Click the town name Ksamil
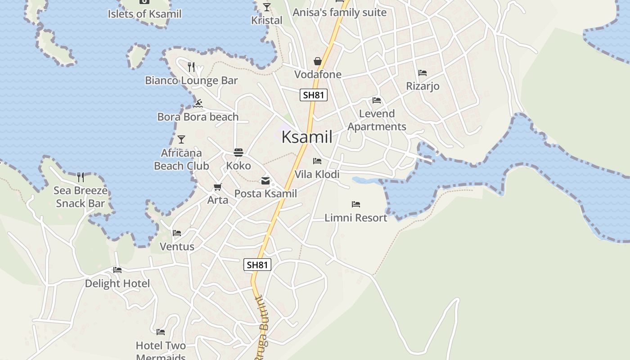point(307,137)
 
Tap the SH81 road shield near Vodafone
point(314,95)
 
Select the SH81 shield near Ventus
point(257,265)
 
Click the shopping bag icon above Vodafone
point(318,61)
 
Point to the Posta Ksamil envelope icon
point(265,181)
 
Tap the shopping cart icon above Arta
point(218,187)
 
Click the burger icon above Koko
point(238,153)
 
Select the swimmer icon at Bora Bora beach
point(198,104)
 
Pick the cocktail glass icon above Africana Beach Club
point(181,139)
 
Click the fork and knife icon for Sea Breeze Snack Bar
point(81,177)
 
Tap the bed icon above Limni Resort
point(356,204)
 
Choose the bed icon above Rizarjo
point(423,73)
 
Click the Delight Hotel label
point(117,283)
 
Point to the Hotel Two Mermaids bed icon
point(161,332)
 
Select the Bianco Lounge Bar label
point(191,81)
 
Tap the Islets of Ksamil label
point(144,14)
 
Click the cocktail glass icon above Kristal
point(267,7)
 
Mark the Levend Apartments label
point(377,120)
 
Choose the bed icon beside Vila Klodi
point(317,161)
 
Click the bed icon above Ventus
point(177,233)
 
